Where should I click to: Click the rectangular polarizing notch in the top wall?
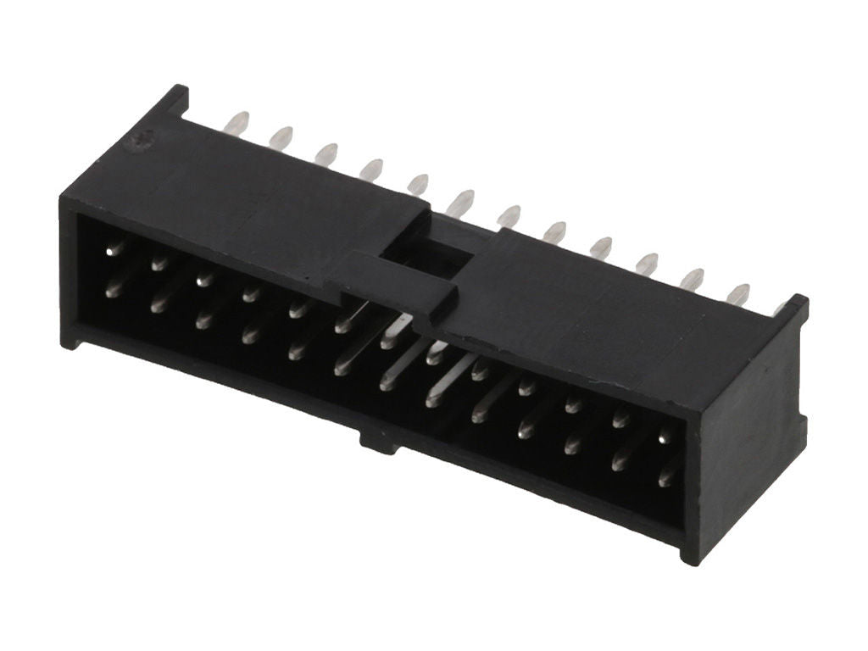click(x=428, y=239)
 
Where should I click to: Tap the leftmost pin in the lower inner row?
click(x=113, y=290)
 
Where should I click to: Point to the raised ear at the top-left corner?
click(x=174, y=100)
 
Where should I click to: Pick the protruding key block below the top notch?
click(x=398, y=284)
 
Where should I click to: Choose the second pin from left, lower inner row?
click(x=159, y=303)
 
